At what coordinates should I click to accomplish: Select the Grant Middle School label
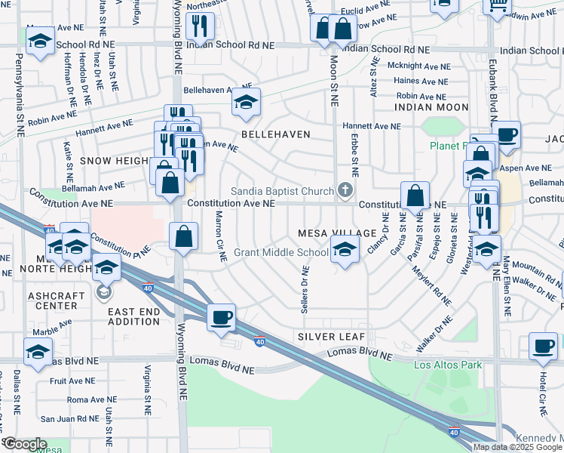tap(280, 252)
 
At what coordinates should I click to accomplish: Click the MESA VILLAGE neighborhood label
tap(337, 233)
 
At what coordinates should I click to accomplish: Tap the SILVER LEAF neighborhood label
tap(331, 336)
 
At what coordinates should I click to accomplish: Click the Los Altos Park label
tap(447, 365)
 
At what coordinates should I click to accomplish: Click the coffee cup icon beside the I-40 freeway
tap(221, 317)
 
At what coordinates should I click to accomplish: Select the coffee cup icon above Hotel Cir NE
tap(543, 346)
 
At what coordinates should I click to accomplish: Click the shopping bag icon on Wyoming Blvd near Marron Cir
tap(183, 236)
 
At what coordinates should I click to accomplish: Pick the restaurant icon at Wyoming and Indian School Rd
tap(200, 26)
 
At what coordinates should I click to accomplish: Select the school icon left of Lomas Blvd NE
tap(38, 352)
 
